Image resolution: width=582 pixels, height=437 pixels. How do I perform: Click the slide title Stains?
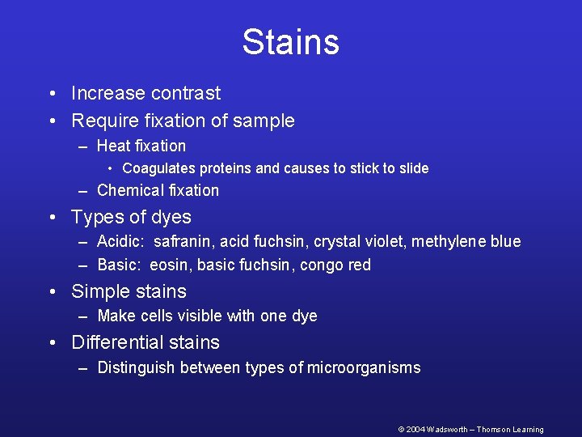[x=290, y=42]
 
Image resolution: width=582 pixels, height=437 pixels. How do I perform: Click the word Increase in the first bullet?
[x=103, y=94]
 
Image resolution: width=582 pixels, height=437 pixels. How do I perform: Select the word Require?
[x=102, y=121]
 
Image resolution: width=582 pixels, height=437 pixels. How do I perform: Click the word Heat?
[x=113, y=146]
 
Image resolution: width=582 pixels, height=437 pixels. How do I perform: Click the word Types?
[x=95, y=218]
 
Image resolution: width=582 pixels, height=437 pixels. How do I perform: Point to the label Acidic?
[x=120, y=242]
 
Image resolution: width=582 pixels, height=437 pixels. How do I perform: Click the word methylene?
[x=453, y=242]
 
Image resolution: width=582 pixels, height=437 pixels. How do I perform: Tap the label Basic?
[x=119, y=265]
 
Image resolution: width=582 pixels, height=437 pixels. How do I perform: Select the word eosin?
[x=169, y=265]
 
